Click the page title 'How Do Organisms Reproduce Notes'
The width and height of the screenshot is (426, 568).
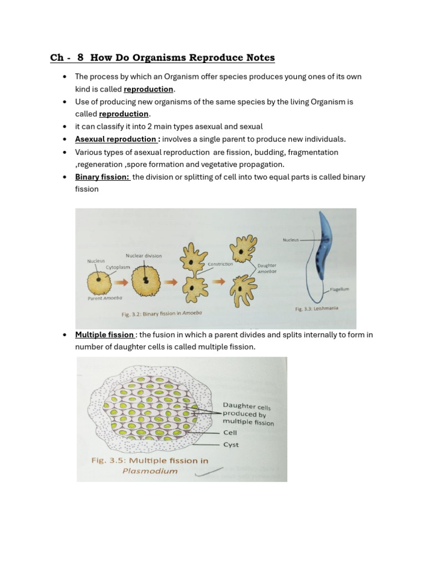(182, 58)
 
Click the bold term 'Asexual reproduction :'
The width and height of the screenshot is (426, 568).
(118, 139)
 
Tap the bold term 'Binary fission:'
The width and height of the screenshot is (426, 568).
(103, 177)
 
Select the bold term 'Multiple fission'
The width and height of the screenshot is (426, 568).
(105, 334)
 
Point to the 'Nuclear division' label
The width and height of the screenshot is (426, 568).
(144, 256)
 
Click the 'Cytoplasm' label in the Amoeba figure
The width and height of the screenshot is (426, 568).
(118, 267)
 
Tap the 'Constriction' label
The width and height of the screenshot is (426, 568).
(220, 264)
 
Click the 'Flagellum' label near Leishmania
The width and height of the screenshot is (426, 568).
(339, 289)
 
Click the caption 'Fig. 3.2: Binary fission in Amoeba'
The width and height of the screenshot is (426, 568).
(161, 313)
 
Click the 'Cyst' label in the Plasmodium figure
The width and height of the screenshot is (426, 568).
(231, 445)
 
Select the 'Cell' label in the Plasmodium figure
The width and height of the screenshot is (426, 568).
(230, 432)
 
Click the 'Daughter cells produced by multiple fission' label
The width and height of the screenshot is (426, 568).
(248, 414)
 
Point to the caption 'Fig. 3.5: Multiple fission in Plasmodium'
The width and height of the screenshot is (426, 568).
(149, 465)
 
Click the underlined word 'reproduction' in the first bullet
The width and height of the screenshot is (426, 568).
(148, 89)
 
